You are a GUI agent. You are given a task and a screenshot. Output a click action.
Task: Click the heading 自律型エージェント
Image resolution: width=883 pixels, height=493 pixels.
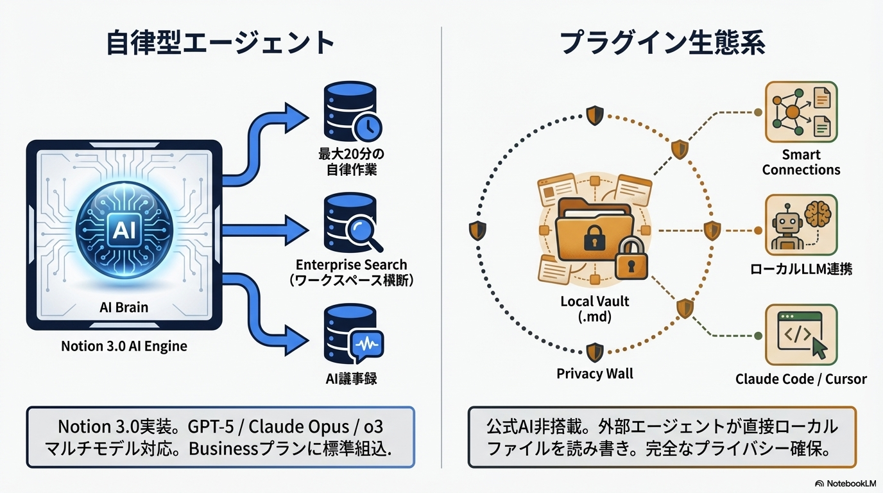tap(221, 43)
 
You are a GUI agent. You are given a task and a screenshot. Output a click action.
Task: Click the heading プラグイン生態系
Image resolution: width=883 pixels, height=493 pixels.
tap(662, 43)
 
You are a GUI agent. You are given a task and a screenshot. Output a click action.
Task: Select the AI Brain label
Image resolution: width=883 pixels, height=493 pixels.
tap(124, 307)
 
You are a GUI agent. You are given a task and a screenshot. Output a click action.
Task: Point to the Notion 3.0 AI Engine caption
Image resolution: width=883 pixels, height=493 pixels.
tap(124, 346)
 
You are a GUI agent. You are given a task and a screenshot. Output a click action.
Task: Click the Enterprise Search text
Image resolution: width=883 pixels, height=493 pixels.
tap(351, 264)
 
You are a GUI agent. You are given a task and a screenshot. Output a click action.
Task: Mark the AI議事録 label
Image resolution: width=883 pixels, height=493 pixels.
tap(350, 379)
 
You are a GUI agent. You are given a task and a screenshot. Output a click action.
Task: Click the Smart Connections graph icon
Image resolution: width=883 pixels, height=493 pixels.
tap(801, 112)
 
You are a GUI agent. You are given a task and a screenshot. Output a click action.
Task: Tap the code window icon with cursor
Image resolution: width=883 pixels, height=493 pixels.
tap(801, 335)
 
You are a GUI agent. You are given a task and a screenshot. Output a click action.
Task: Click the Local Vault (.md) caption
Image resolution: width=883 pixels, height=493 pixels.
tap(594, 309)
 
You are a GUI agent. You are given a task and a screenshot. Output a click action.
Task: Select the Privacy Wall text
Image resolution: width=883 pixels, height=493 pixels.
tap(594, 374)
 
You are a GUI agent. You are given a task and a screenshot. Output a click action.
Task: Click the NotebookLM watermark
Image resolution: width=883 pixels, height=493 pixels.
tap(846, 483)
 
